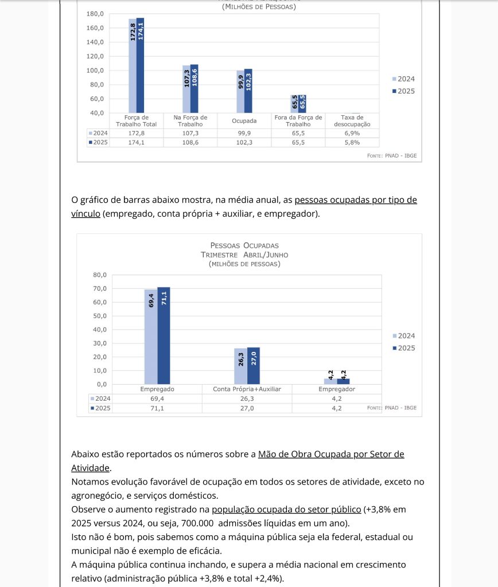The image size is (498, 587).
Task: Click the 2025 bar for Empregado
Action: pos(164,335)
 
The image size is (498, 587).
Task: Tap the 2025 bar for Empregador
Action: pos(343,381)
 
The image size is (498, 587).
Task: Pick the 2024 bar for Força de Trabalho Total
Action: pos(133,66)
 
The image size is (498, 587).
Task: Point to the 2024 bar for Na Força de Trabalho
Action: pos(186,89)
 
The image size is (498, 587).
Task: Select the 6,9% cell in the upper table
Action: pos(352,133)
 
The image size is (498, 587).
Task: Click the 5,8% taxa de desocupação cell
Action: pos(352,142)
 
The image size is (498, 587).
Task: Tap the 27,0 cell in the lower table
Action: pos(247,408)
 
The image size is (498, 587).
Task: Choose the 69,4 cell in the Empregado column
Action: pos(157,398)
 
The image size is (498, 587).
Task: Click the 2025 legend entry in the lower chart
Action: pos(403,348)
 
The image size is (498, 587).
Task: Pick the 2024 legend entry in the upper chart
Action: pos(403,79)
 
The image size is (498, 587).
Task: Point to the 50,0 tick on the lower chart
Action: pos(100,316)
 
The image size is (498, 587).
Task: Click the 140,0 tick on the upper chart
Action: pos(95,42)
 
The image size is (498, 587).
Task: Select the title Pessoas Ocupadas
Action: pos(244,245)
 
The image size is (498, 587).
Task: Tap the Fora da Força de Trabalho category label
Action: pos(298,120)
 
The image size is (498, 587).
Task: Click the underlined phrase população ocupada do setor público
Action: pos(286,509)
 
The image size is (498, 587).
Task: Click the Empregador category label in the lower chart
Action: pos(337,389)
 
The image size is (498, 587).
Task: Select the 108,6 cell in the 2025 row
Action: pos(190,142)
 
